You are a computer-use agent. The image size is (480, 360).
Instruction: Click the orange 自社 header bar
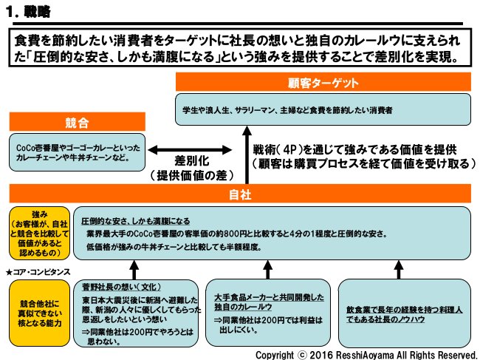[x=240, y=194]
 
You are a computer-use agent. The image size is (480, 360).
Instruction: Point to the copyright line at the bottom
[x=366, y=354]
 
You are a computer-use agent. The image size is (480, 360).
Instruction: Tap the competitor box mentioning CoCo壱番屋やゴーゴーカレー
[x=73, y=152]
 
